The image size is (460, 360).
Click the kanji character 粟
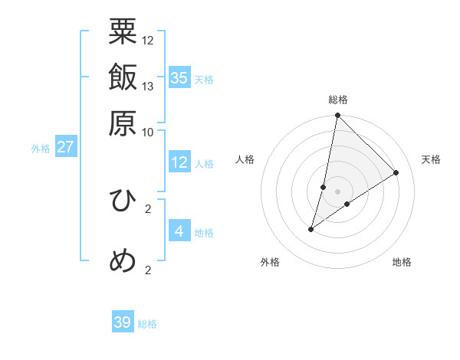pos(123,32)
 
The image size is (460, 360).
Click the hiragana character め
pos(123,260)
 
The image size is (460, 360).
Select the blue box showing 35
pos(179,78)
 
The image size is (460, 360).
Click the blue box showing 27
pos(65,147)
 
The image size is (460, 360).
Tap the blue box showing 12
pos(179,162)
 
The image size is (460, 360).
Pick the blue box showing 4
pos(179,231)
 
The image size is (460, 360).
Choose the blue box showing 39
pos(123,322)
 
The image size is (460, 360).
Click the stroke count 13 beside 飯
pos(148,86)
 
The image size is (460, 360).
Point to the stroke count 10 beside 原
pos(148,131)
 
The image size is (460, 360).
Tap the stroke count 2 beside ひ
pos(148,208)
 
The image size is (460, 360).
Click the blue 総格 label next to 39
pos(147,324)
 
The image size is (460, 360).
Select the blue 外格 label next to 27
pos(41,149)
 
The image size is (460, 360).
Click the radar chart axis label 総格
pos(337,100)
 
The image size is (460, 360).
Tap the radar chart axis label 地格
pos(402,262)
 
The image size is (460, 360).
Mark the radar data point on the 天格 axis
pos(396,172)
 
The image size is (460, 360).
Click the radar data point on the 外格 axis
pos(311,228)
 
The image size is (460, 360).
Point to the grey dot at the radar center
pos(337,191)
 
